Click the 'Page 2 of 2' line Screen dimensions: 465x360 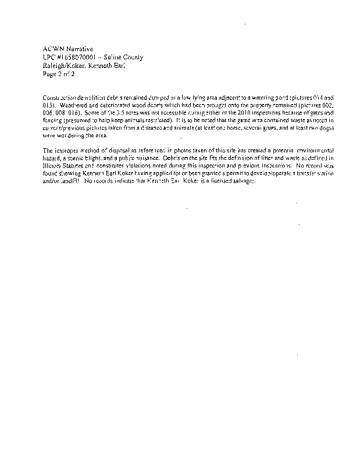(x=59, y=74)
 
